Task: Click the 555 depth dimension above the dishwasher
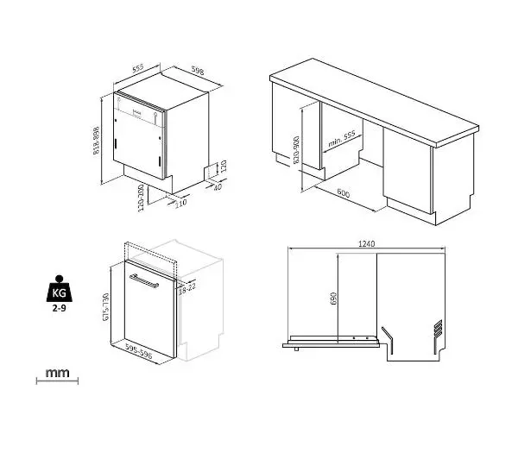pos(138,68)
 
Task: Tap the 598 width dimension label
pos(198,71)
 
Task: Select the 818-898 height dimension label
pos(96,141)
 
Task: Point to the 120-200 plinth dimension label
pos(141,198)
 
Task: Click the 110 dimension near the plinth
pos(180,203)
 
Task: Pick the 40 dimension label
pos(218,187)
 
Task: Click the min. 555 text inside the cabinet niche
pos(342,139)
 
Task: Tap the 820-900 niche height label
pos(296,149)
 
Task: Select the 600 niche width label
pos(344,192)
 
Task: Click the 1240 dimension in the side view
pos(366,243)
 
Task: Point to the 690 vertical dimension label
pos(333,299)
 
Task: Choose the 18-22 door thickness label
pos(187,289)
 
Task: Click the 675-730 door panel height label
pos(106,307)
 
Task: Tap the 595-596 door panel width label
pos(139,351)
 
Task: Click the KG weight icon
pos(59,289)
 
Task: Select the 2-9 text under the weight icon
pos(59,308)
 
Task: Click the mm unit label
pos(58,373)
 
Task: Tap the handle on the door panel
pos(144,281)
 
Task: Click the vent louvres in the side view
pos(438,329)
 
